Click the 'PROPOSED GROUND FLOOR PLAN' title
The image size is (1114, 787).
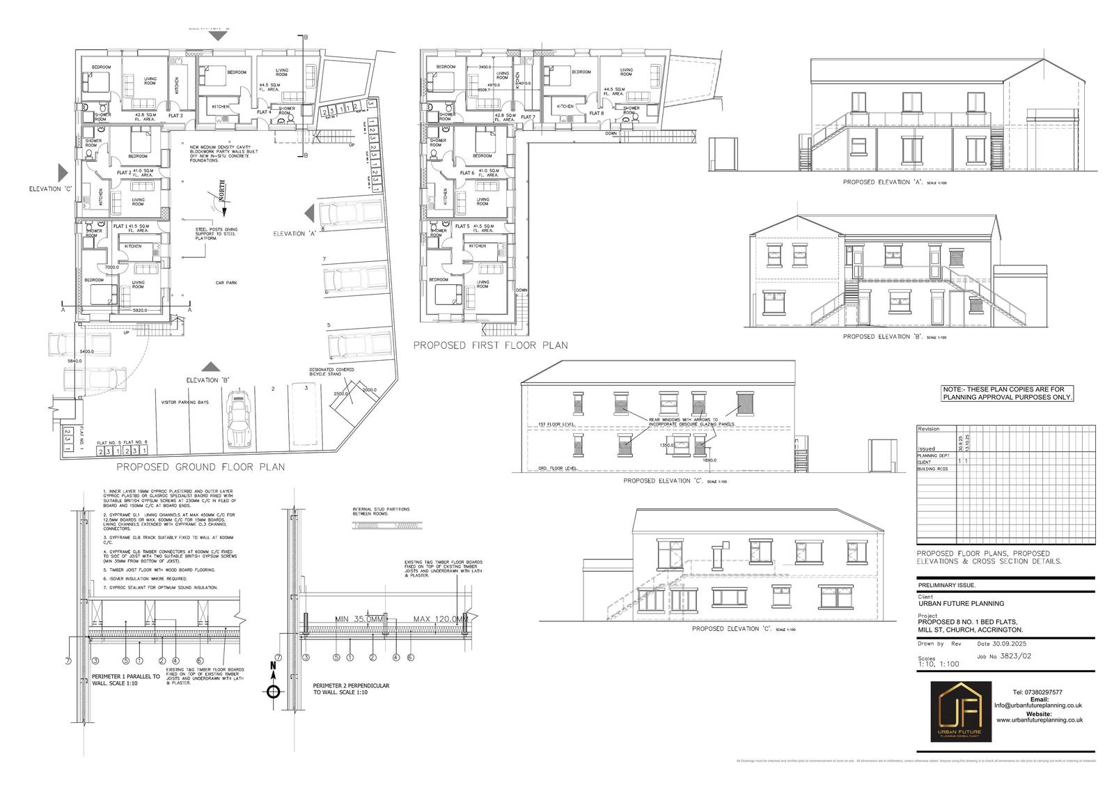click(x=201, y=467)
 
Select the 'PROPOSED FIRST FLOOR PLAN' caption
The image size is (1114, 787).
click(x=491, y=345)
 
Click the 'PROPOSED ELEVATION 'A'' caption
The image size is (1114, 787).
click(x=883, y=182)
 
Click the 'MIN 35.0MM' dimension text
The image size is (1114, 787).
click(x=359, y=619)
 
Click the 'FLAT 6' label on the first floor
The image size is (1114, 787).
click(x=466, y=172)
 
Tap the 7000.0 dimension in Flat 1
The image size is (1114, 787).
click(x=112, y=267)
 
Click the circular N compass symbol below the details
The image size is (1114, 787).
click(x=274, y=691)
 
